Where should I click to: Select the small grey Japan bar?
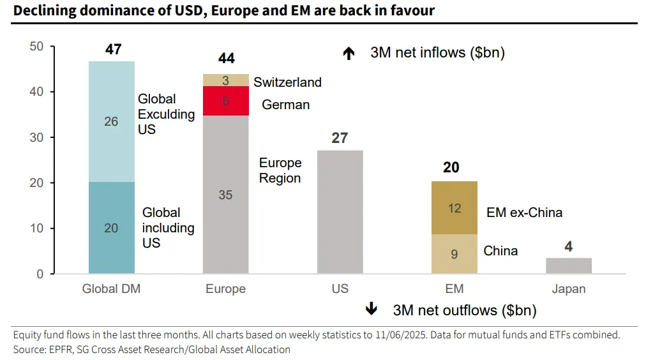point(569,266)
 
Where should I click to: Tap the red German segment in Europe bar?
point(225,101)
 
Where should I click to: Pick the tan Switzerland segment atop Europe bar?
point(225,80)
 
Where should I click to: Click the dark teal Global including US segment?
point(111,228)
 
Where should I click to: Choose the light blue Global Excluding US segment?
point(111,121)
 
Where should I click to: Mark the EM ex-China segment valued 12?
point(454,208)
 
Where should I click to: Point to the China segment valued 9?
point(454,254)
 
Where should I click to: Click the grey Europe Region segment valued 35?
point(225,195)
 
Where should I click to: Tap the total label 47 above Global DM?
point(113,49)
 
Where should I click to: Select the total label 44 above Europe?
point(226,59)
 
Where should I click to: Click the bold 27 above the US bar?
point(340,138)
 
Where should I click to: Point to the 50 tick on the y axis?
point(36,47)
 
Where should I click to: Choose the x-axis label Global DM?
point(111,289)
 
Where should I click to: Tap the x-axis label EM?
point(454,289)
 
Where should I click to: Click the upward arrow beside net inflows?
point(349,54)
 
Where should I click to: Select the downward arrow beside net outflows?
point(371,310)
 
